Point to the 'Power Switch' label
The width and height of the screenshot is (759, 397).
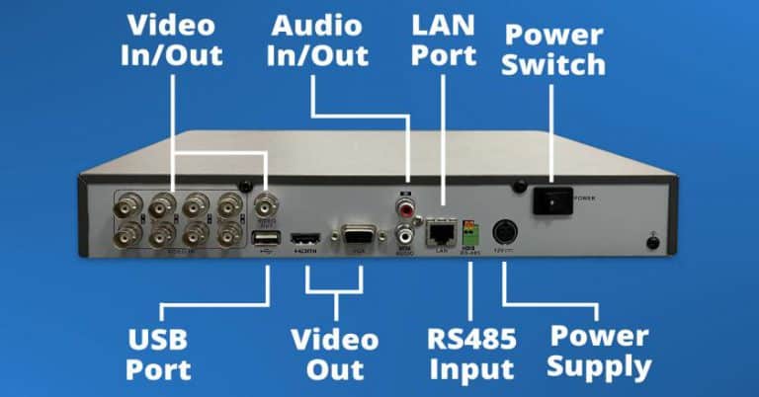click(554, 51)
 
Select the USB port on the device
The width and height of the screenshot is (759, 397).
click(264, 239)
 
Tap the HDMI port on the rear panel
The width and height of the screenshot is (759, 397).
click(303, 239)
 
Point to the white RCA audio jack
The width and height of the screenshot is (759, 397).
click(404, 235)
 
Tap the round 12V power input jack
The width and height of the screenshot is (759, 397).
click(504, 232)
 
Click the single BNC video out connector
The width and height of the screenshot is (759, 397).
click(264, 206)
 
